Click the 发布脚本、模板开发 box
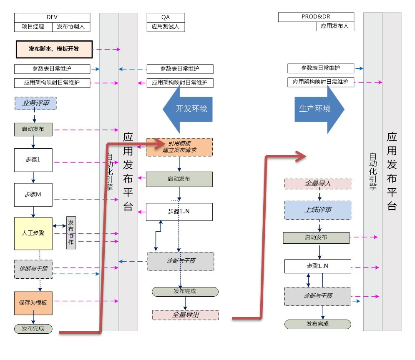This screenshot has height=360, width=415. [x=53, y=49]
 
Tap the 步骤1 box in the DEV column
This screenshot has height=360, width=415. [x=33, y=160]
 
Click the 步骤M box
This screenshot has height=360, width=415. [x=33, y=195]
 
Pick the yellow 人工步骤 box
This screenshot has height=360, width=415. [x=33, y=233]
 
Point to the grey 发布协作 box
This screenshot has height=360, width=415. [x=71, y=233]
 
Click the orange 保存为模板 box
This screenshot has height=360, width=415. [x=33, y=303]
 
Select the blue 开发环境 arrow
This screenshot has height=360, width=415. [x=187, y=109]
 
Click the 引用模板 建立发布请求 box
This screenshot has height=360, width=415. [x=179, y=147]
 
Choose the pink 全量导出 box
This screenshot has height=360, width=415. [x=185, y=315]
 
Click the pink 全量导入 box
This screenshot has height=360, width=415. [x=318, y=184]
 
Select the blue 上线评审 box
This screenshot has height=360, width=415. [x=318, y=210]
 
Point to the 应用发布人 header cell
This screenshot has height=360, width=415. [x=335, y=26]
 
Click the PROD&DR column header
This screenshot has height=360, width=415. [x=316, y=17]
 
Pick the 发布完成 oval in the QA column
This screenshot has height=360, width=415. [x=185, y=292]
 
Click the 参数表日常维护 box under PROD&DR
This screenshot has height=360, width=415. [x=320, y=68]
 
